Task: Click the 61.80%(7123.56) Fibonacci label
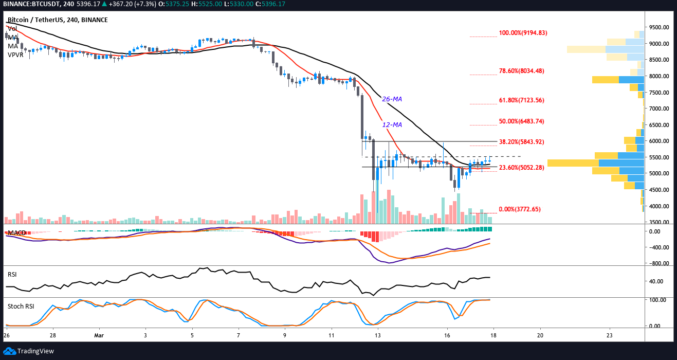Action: click(x=521, y=100)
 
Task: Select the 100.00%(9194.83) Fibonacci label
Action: click(x=523, y=33)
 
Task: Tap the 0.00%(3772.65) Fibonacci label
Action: click(x=520, y=209)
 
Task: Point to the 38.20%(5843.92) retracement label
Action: click(x=521, y=141)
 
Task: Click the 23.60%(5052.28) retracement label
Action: click(x=521, y=167)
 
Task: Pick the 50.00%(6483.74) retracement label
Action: click(x=521, y=121)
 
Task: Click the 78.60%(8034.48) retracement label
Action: click(x=521, y=71)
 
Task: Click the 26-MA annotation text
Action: click(x=392, y=99)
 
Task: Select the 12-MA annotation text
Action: click(x=392, y=124)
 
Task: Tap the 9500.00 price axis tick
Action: click(x=658, y=27)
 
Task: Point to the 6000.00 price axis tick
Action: click(x=658, y=141)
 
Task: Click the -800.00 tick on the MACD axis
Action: click(x=658, y=263)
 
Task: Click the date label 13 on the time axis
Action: click(x=378, y=335)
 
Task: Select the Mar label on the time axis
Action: click(x=98, y=335)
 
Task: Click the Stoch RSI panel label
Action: click(x=21, y=307)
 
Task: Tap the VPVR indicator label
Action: click(x=16, y=55)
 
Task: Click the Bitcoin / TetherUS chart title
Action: click(x=58, y=20)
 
